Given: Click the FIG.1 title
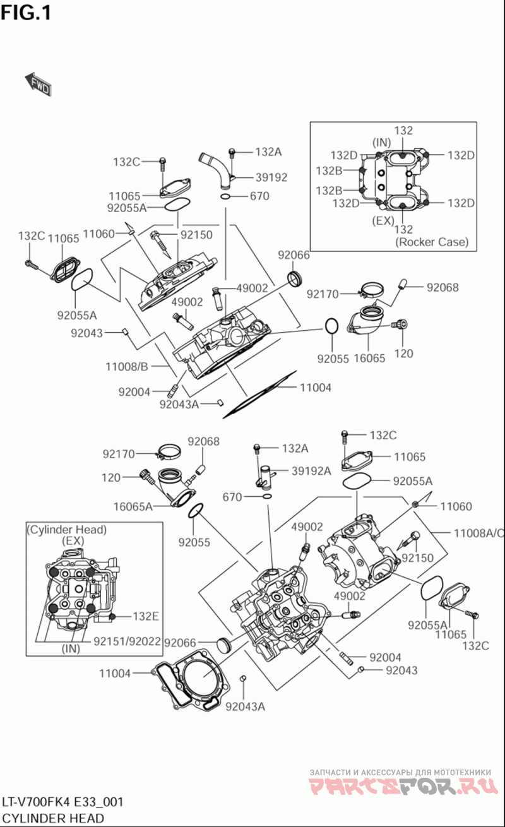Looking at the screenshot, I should click(26, 12).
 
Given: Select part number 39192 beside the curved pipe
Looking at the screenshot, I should click(271, 177).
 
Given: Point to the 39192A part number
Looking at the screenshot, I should click(311, 470).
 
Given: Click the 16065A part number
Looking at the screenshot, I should click(133, 506).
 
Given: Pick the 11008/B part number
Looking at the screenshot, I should click(127, 366).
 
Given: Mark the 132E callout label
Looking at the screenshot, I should click(145, 616).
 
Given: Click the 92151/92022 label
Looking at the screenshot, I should click(128, 641).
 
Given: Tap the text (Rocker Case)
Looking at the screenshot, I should click(432, 242).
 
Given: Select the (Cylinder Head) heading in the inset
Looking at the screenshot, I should click(67, 530).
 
